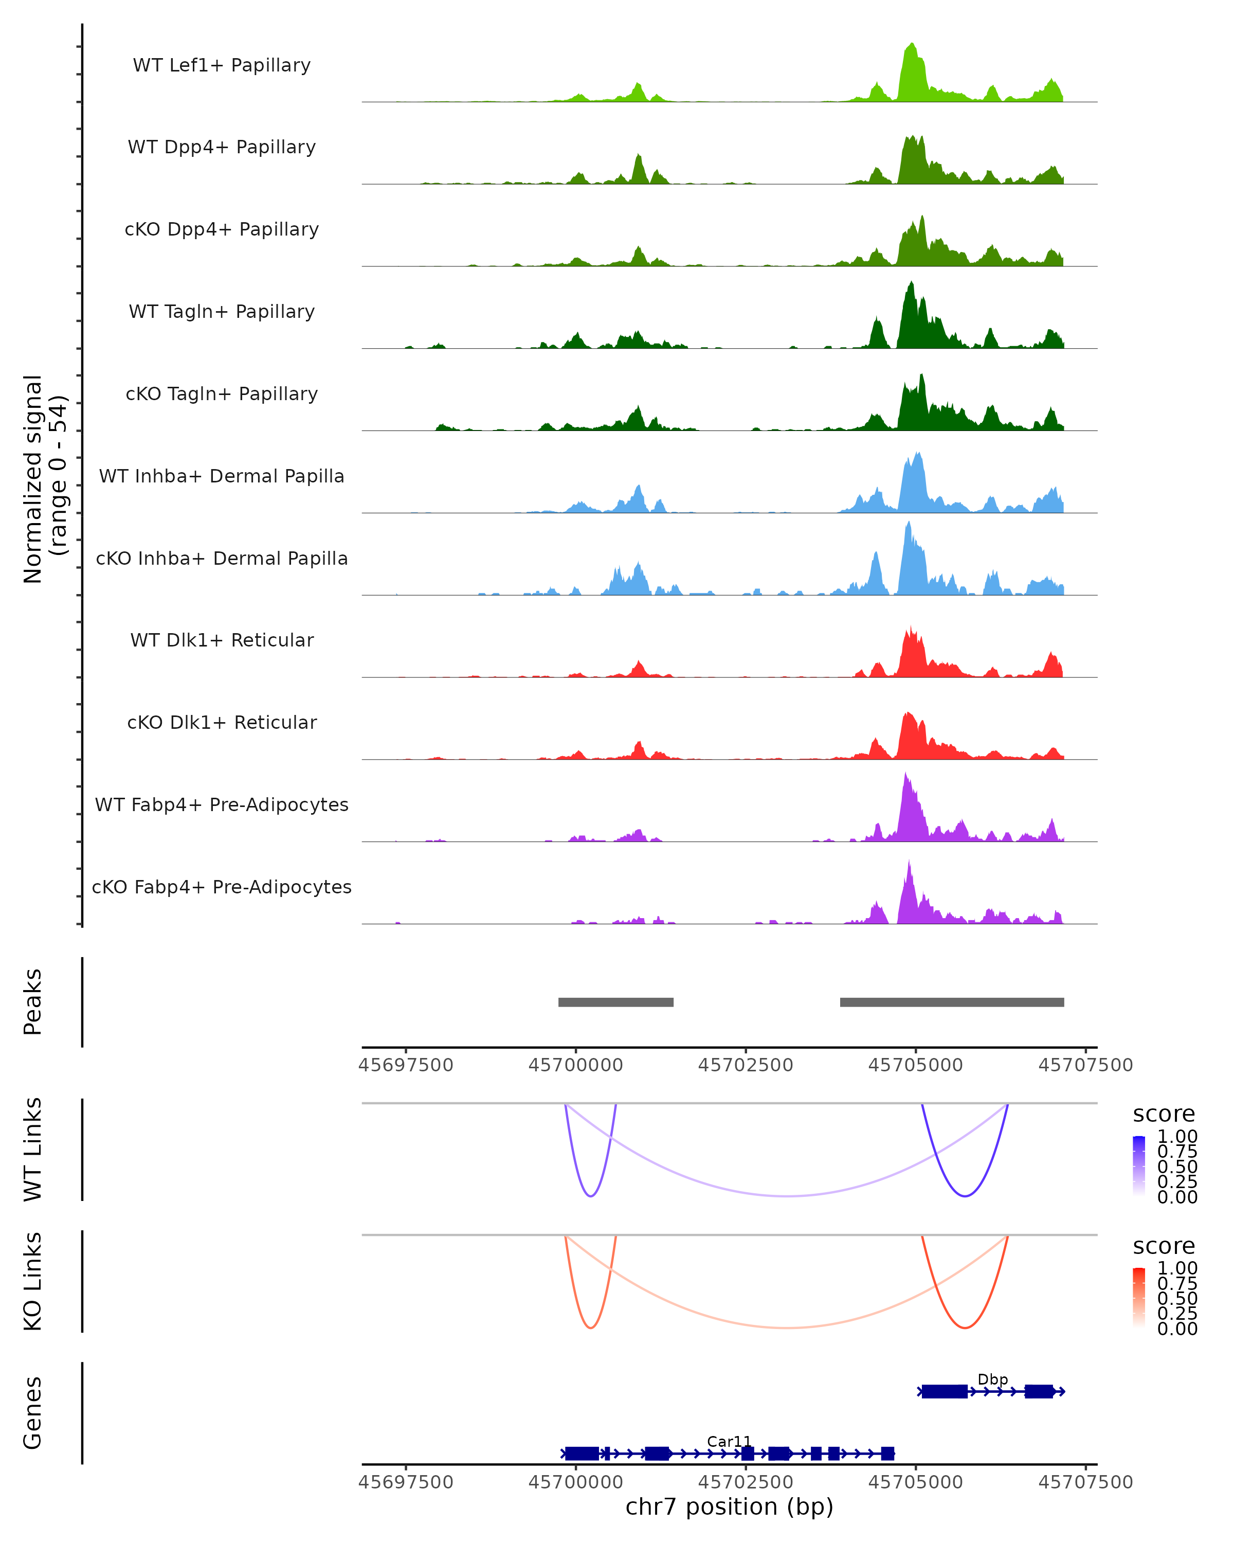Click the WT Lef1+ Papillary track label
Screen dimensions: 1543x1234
pos(222,65)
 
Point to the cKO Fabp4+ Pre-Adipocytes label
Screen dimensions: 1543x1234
pos(222,887)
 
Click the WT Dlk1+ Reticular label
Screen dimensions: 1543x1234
pos(222,640)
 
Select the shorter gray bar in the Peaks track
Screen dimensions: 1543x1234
pos(616,1002)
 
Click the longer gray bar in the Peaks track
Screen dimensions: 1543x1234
pos(951,1002)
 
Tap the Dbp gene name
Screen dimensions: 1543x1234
pos(992,1379)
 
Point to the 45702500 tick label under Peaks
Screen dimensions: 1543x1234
pos(746,1065)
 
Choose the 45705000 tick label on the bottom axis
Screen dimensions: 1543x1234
pos(916,1482)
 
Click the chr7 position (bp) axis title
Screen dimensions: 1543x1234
pos(729,1507)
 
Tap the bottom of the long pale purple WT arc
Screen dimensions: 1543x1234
pos(787,1196)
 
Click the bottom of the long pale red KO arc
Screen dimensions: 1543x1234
pos(787,1327)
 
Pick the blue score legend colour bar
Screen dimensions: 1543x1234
pos(1139,1165)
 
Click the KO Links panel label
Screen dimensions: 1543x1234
pos(33,1281)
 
